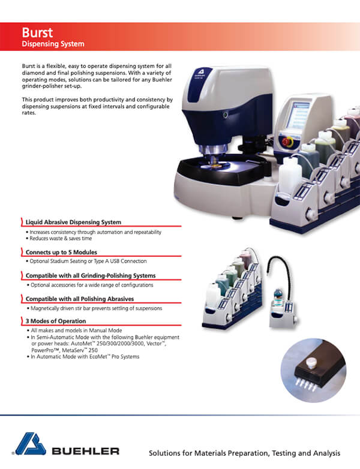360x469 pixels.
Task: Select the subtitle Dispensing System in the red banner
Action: click(53, 44)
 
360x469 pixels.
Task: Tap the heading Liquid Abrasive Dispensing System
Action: click(73, 223)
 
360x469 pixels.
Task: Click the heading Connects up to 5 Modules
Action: click(61, 252)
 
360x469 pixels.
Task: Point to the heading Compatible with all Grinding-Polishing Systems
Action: click(91, 275)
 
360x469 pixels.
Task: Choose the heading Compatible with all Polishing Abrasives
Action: click(79, 299)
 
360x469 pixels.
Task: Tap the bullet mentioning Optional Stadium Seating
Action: click(88, 261)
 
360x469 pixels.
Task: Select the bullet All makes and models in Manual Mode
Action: click(75, 331)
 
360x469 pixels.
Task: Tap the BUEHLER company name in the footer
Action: click(85, 450)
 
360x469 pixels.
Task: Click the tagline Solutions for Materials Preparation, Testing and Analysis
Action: click(244, 453)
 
